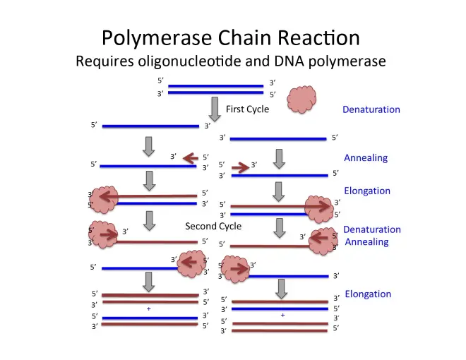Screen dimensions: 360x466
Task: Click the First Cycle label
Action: coord(247,109)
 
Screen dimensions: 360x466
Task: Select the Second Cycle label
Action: coord(213,227)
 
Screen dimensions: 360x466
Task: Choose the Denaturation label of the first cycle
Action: coord(371,109)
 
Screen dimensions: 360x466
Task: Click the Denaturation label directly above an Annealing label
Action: coord(371,229)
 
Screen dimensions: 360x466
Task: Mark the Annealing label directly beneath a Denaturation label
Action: coord(366,242)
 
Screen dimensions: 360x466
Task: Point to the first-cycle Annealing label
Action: coord(366,157)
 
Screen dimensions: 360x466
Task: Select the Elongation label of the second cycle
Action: coord(367,294)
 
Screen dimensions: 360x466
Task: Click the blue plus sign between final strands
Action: coord(148,309)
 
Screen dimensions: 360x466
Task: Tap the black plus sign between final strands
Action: coord(282,315)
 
